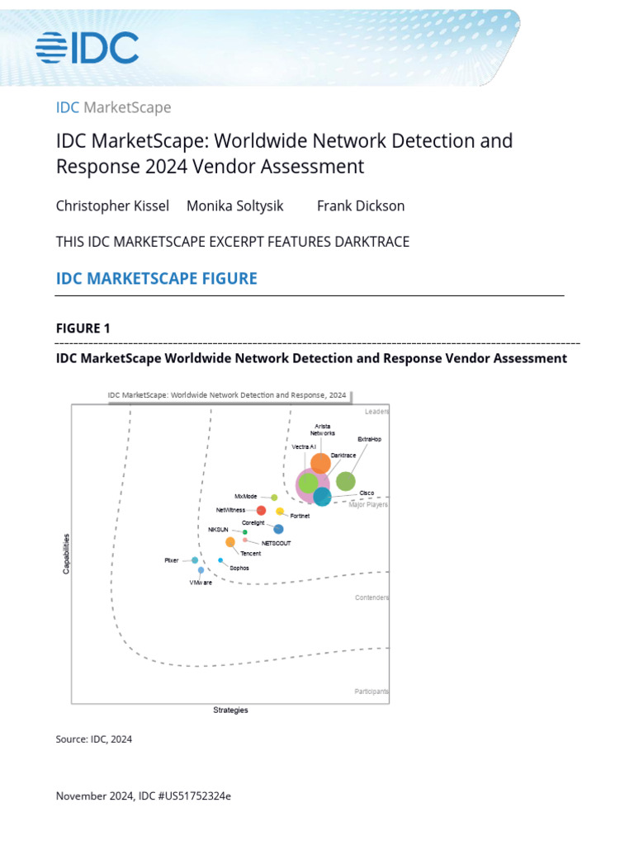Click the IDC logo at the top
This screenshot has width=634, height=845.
[87, 48]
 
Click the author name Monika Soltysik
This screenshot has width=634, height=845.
[234, 205]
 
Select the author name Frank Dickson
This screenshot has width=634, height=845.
[361, 205]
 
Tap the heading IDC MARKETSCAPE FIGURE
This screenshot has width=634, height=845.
[156, 278]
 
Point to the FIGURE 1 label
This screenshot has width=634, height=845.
[83, 328]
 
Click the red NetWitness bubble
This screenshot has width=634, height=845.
[261, 511]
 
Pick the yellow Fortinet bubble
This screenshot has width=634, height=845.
[280, 512]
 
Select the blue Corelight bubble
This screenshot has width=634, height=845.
[278, 529]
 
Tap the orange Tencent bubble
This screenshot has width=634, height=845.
[230, 542]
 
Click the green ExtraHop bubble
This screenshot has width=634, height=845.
[346, 481]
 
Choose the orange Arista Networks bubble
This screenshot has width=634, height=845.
[320, 463]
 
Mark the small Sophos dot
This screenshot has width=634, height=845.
[220, 560]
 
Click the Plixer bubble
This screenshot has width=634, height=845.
[195, 560]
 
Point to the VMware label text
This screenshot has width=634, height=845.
[201, 583]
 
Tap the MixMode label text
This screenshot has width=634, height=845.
[246, 497]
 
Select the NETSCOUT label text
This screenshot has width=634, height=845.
[276, 543]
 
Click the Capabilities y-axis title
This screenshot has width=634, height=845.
[67, 554]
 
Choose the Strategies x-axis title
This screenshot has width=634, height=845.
[230, 710]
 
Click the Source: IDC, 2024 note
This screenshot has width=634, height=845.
[94, 739]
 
